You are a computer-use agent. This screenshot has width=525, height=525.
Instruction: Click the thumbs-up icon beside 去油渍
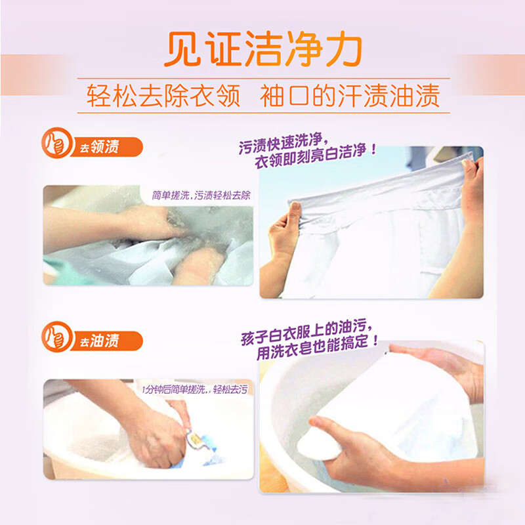57,337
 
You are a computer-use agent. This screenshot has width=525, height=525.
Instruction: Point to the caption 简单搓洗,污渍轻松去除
201,195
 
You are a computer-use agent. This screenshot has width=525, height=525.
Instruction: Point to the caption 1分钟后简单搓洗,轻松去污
195,389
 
